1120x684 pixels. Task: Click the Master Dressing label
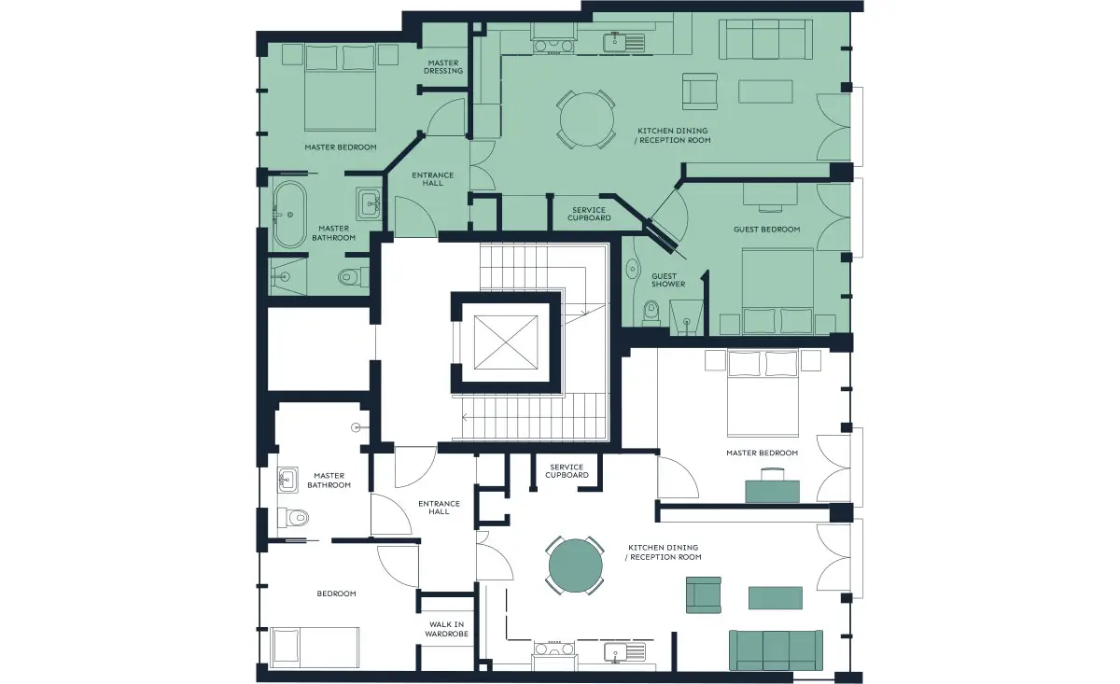click(x=443, y=66)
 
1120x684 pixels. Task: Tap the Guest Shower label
click(x=668, y=280)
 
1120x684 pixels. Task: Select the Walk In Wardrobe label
click(x=446, y=629)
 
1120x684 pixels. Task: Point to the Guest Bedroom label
click(x=766, y=230)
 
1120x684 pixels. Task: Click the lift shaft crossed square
click(x=506, y=342)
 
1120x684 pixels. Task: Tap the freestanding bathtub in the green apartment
click(x=289, y=215)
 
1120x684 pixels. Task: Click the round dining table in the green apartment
click(x=586, y=119)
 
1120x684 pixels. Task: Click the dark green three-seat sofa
click(x=776, y=650)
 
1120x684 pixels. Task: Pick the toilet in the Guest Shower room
click(x=651, y=313)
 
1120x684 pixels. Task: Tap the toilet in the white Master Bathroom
click(x=293, y=518)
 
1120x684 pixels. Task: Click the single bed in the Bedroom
click(x=315, y=648)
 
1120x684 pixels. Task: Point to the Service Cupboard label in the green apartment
click(x=589, y=214)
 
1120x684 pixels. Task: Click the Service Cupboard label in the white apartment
click(x=567, y=471)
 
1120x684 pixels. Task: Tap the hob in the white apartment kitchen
click(x=553, y=649)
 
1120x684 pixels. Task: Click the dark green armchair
click(x=704, y=595)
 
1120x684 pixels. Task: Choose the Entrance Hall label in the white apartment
click(x=439, y=508)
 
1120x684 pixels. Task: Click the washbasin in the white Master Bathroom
click(x=287, y=480)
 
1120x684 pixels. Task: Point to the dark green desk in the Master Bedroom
click(x=773, y=491)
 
